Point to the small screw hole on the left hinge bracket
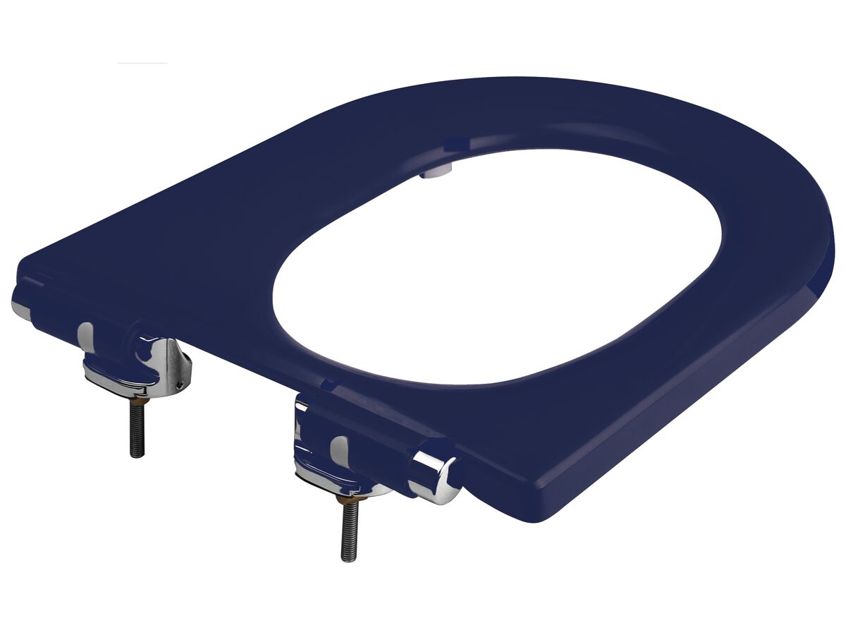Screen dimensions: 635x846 click(180, 384)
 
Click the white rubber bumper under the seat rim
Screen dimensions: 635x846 click(431, 170)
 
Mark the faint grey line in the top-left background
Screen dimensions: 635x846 click(142, 64)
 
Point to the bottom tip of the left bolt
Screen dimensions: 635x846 click(138, 455)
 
